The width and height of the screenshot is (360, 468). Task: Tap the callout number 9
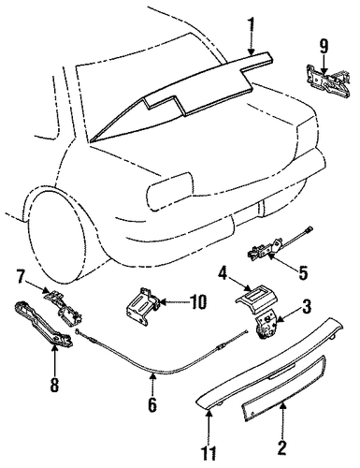point(324,48)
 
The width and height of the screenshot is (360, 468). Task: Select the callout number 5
point(303,272)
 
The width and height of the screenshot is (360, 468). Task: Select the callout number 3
point(306,306)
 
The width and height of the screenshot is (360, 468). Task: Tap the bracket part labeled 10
point(143,307)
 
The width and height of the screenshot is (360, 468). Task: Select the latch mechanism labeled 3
point(266,325)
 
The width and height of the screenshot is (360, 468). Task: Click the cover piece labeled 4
point(256,299)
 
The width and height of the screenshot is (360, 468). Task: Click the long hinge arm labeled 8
point(43,324)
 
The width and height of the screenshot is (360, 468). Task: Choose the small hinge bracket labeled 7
point(63,305)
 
